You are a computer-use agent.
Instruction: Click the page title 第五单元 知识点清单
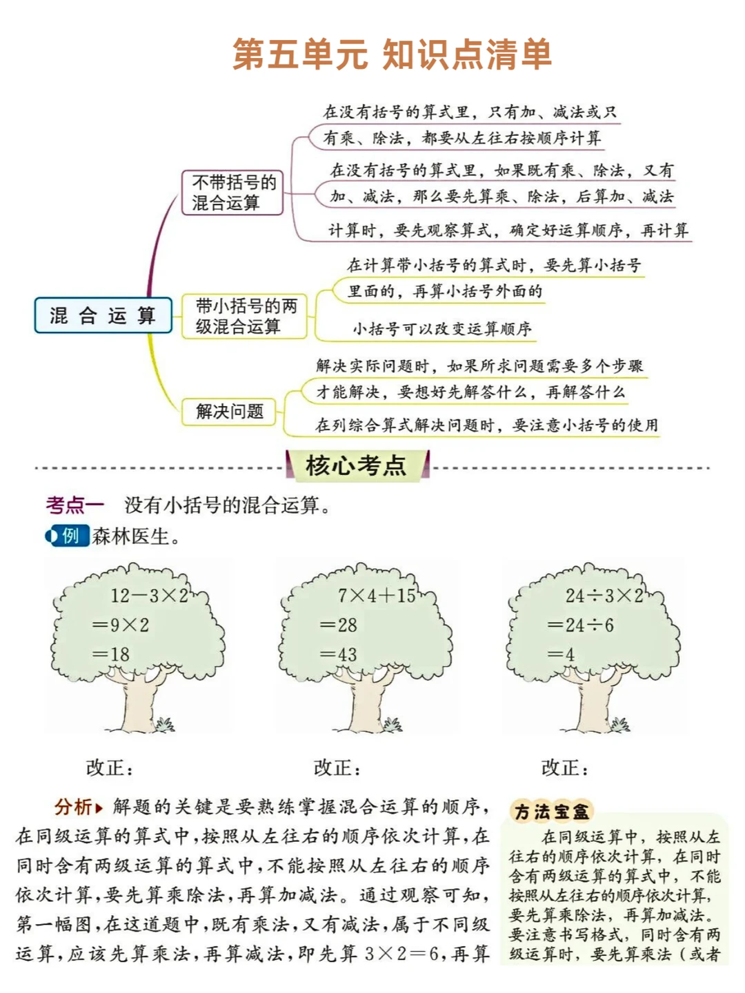(391, 54)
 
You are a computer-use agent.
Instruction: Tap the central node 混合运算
(103, 316)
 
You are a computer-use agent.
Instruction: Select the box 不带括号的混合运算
(233, 192)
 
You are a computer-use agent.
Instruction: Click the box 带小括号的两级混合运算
(245, 316)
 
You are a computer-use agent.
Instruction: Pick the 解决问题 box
(229, 412)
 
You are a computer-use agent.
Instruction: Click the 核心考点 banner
(357, 465)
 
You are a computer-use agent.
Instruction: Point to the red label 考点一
(74, 505)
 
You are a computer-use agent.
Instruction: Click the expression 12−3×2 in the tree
(149, 596)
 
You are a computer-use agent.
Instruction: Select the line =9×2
(121, 625)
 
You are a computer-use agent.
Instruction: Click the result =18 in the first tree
(111, 654)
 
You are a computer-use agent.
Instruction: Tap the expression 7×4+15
(377, 596)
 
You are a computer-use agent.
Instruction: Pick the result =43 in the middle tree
(339, 654)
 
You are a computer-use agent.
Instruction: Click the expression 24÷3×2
(604, 596)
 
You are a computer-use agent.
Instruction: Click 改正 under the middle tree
(337, 768)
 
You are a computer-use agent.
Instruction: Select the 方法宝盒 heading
(552, 812)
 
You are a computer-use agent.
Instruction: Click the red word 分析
(74, 806)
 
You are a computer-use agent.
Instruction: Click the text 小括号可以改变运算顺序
(442, 329)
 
